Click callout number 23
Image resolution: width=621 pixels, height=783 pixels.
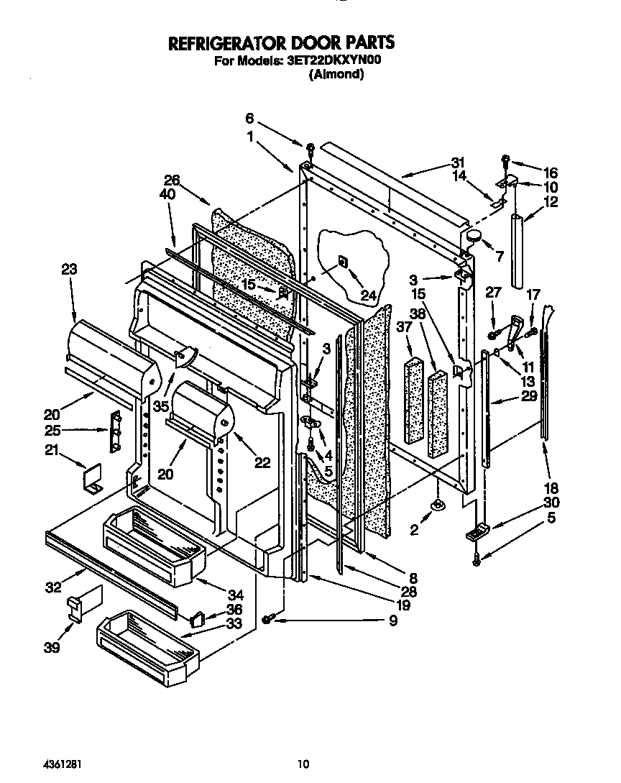[x=69, y=270]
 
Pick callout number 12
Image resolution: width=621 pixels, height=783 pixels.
[x=551, y=203]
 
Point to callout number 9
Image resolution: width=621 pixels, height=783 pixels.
[x=392, y=620]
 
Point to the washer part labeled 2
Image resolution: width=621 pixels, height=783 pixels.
[x=436, y=507]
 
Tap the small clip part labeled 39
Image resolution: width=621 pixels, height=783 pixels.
[x=76, y=608]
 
